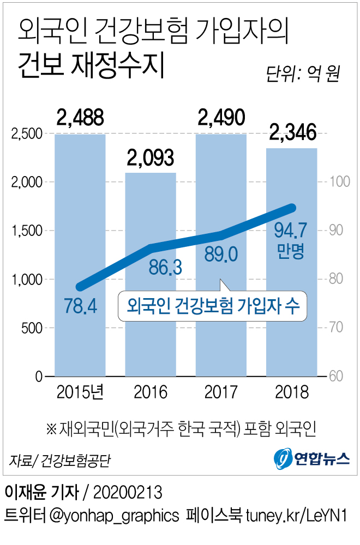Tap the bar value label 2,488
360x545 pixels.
point(80,117)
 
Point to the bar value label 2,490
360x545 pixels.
point(221,117)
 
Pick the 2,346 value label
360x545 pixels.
point(292,132)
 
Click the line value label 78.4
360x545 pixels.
point(80,306)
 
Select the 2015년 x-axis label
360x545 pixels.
point(80,392)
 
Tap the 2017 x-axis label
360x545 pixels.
point(221,392)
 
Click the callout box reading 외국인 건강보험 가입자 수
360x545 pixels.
point(212,306)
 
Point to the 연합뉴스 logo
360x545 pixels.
point(311,458)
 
